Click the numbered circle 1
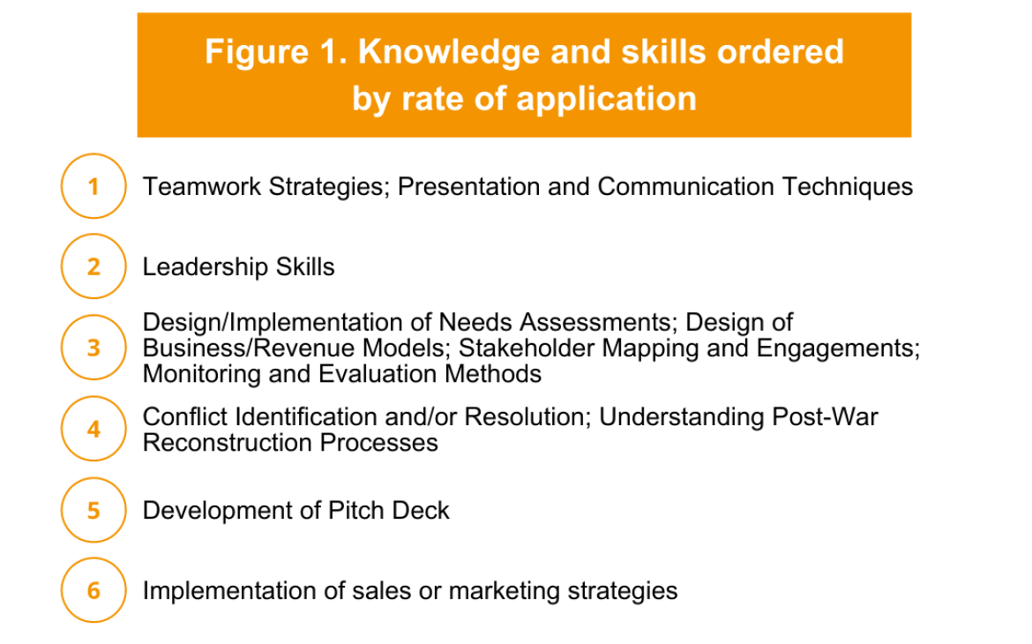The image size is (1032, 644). coord(93,186)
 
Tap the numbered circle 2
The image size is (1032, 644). coord(93,266)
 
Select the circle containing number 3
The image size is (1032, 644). coord(93,348)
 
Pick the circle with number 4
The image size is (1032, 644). coord(93,429)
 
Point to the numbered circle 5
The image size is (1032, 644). coord(93,510)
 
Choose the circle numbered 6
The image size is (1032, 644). coord(93,591)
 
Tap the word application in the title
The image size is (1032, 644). coord(606,100)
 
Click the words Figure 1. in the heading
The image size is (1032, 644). coord(276,52)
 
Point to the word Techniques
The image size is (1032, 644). coord(847,188)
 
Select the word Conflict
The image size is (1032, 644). coord(185,416)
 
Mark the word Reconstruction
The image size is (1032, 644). coord(228,443)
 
